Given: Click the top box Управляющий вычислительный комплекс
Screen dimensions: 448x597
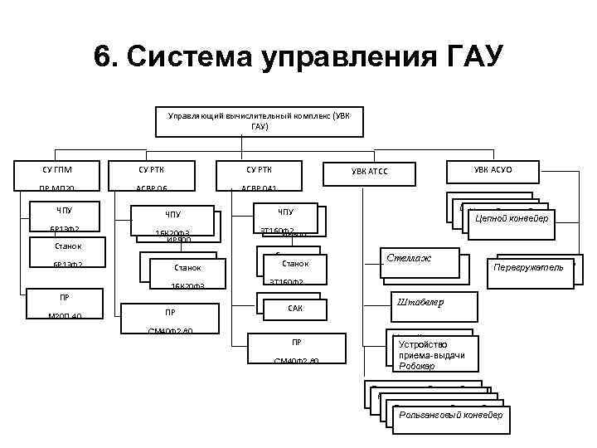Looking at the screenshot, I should click(x=259, y=121).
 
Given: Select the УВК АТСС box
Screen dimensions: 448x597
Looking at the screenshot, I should click(x=369, y=172).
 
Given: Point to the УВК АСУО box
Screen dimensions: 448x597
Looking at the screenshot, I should click(x=493, y=170).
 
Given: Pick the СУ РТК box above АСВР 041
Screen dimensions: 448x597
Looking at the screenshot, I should click(x=259, y=170).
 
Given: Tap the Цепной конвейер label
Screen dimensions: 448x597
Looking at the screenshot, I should click(x=511, y=219).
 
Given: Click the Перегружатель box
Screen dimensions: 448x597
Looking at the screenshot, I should click(x=528, y=268).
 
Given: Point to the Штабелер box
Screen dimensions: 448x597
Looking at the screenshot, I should click(x=421, y=303).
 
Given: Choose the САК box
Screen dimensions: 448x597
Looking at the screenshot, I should click(x=295, y=308).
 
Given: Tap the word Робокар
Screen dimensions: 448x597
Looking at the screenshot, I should click(x=416, y=366).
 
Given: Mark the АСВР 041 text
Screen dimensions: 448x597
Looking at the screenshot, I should click(x=259, y=188).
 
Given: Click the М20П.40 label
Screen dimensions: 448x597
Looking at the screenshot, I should click(x=64, y=315).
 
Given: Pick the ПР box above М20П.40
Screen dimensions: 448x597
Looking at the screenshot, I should click(x=64, y=296).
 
